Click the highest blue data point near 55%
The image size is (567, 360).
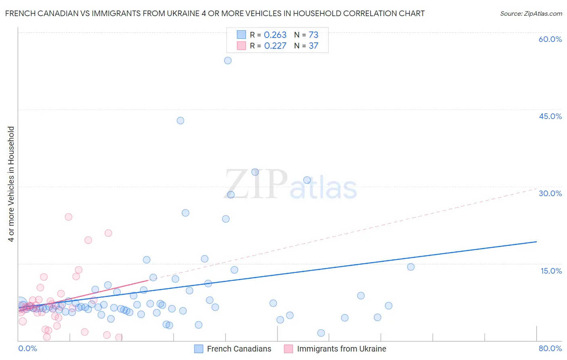point(228,61)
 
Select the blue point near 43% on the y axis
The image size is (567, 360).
point(180,121)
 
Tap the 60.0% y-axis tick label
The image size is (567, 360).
point(550,39)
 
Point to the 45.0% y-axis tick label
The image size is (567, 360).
point(550,116)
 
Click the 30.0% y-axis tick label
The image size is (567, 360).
point(550,193)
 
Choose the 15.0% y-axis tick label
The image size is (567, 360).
point(551,271)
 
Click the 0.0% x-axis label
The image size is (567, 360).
point(27,348)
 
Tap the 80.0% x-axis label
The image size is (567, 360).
point(550,348)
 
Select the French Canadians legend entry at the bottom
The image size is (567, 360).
point(239,349)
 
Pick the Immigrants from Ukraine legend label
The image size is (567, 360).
point(341,349)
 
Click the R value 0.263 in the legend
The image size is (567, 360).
point(275,35)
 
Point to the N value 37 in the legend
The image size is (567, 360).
point(313,46)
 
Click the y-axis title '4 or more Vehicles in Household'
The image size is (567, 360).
point(11,184)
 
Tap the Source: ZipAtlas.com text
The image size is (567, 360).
point(531,14)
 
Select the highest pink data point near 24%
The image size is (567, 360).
point(69,217)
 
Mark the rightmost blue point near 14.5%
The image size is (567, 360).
point(411,267)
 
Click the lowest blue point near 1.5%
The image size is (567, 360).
point(321,333)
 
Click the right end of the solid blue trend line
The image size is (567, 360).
point(536,241)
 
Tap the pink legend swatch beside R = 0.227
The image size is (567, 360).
point(241,46)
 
